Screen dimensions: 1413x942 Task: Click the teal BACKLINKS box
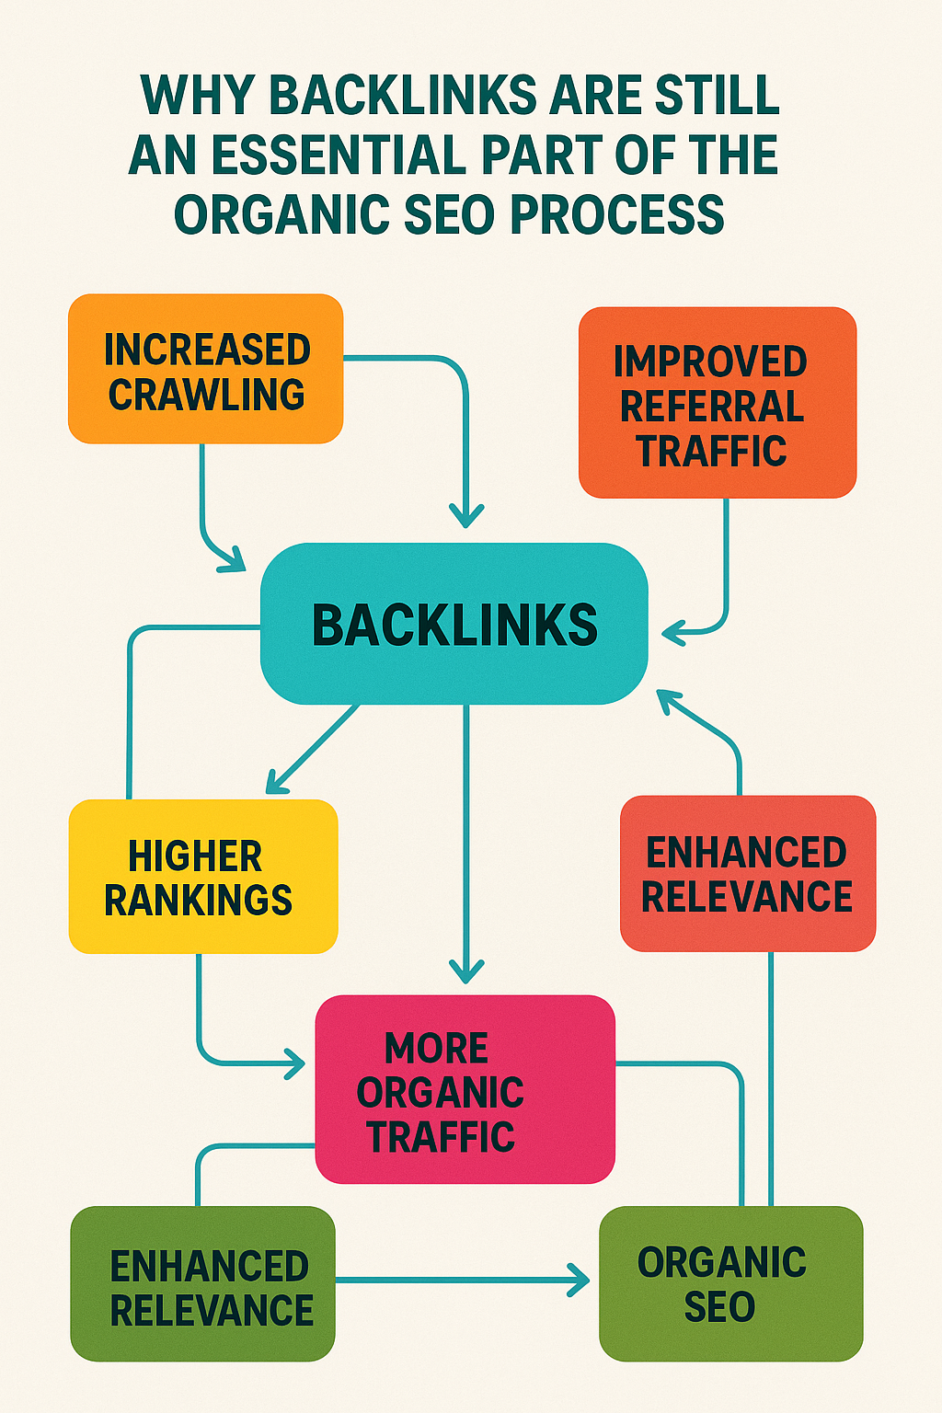tap(454, 624)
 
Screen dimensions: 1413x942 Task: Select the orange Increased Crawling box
tap(205, 369)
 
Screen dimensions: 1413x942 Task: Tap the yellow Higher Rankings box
tap(202, 877)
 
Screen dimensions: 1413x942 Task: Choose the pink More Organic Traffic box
tap(465, 1089)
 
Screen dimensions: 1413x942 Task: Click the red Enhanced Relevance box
tap(748, 874)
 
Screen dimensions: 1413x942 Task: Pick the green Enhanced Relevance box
tap(202, 1284)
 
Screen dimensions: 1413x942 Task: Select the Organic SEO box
tap(730, 1284)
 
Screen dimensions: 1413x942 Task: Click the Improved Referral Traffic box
tap(718, 403)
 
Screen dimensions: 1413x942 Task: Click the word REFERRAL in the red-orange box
tap(712, 407)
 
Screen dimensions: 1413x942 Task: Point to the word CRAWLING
tap(206, 395)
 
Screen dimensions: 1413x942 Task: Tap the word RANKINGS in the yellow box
tap(198, 900)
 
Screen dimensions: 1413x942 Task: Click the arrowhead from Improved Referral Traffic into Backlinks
tap(672, 632)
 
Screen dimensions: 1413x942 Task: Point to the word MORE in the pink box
tap(436, 1048)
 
